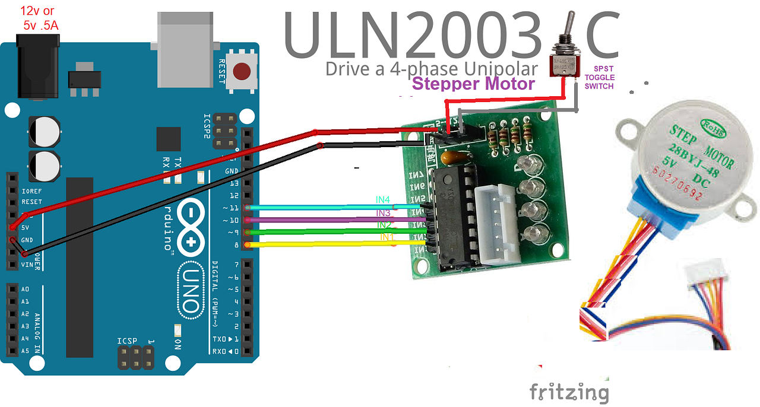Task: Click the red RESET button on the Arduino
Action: pyautogui.click(x=241, y=72)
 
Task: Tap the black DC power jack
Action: pyautogui.click(x=39, y=65)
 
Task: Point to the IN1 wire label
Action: pyautogui.click(x=387, y=238)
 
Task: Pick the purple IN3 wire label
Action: pyautogui.click(x=383, y=213)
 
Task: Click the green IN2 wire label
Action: pyautogui.click(x=384, y=225)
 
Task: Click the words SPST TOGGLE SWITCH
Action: pyautogui.click(x=599, y=78)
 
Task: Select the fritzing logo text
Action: pyautogui.click(x=569, y=392)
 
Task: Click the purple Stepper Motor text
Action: pyautogui.click(x=473, y=84)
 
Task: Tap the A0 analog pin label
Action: pyautogui.click(x=25, y=289)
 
